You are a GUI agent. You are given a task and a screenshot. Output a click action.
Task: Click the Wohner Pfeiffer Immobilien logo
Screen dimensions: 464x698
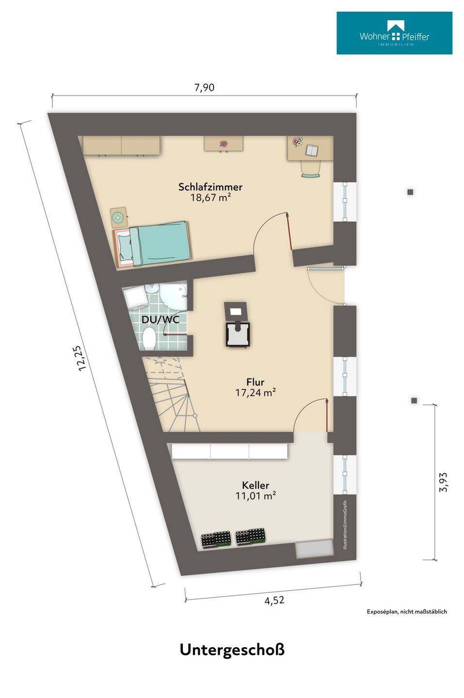(x=394, y=33)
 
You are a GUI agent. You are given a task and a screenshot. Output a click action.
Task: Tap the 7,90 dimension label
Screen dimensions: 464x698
(x=205, y=88)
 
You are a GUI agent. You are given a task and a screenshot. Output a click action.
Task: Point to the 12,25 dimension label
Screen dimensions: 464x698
(x=80, y=358)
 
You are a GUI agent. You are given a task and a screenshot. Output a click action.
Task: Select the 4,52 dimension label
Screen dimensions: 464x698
(x=274, y=600)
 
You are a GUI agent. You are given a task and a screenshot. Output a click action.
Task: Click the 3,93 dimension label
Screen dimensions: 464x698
(x=443, y=482)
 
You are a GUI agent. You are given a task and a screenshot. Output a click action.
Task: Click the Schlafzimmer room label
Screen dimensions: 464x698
(x=210, y=187)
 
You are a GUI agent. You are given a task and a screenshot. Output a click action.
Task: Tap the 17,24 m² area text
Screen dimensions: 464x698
(x=255, y=392)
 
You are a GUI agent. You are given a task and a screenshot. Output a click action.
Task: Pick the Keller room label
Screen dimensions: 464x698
(x=256, y=485)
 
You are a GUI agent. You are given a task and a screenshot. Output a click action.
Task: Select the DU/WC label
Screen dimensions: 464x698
(x=160, y=319)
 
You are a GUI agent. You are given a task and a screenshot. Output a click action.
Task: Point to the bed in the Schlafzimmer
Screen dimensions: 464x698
(x=153, y=244)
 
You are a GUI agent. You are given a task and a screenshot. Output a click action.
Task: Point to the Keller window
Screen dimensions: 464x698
(x=345, y=475)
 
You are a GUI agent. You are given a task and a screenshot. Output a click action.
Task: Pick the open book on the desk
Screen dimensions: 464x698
(x=311, y=150)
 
